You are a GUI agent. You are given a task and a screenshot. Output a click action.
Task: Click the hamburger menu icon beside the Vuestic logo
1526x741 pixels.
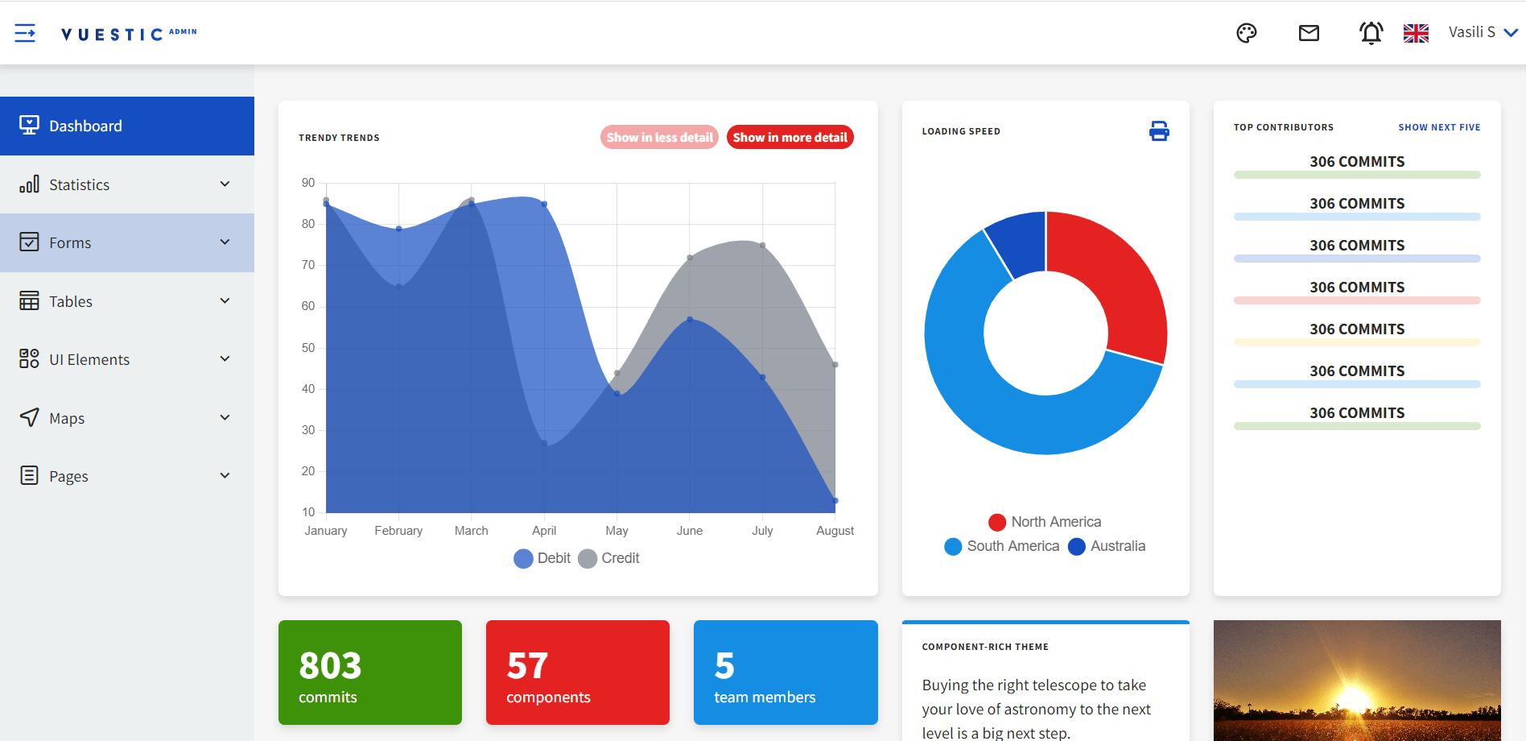[25, 33]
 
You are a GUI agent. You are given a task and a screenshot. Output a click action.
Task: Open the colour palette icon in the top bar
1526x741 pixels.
[1246, 33]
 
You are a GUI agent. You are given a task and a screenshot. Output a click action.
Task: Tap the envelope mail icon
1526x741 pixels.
[1309, 33]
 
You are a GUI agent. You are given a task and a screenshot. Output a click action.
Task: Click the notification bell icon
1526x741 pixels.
[1371, 33]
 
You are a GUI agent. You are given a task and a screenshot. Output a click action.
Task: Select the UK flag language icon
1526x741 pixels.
[1416, 33]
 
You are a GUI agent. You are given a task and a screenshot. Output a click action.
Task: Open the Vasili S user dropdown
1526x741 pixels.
[1482, 33]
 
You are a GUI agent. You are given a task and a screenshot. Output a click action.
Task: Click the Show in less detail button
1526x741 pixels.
[659, 138]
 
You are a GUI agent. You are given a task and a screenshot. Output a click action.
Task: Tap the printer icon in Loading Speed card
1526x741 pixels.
[1159, 131]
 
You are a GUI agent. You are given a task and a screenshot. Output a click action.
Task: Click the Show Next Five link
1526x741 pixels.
[1439, 127]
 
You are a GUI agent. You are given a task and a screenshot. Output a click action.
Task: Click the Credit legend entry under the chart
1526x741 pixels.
[609, 558]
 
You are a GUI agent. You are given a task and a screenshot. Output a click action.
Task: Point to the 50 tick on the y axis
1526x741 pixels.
[308, 348]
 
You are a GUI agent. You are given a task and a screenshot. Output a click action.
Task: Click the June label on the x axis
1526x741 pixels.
[690, 531]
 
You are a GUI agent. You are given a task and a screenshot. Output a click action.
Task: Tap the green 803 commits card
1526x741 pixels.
[370, 673]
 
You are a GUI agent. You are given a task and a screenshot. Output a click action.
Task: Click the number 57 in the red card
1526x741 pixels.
[527, 666]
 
